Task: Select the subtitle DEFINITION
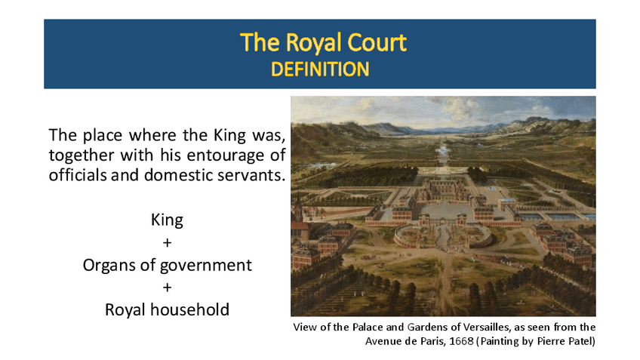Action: (x=320, y=69)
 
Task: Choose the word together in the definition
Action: (x=81, y=156)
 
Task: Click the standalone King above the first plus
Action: (x=167, y=220)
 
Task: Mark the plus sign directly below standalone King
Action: (x=167, y=243)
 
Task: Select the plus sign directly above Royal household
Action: (x=167, y=288)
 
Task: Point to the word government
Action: (x=206, y=266)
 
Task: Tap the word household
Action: (x=189, y=309)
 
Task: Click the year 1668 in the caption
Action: (x=461, y=341)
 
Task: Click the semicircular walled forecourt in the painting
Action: (x=444, y=237)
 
